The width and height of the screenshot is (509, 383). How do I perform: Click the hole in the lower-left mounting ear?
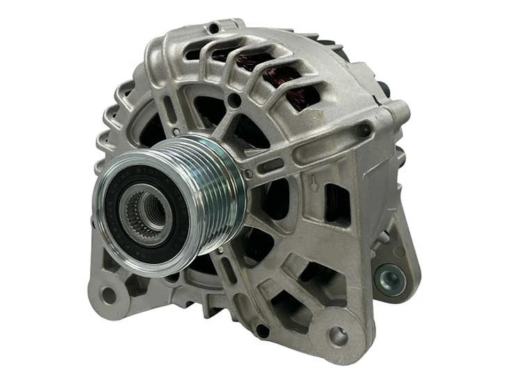click(108, 295)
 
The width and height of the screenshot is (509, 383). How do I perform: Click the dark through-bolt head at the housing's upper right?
click(362, 130)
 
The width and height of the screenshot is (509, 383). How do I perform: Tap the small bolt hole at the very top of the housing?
click(213, 29)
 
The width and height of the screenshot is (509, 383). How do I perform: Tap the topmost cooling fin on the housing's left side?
click(126, 87)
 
